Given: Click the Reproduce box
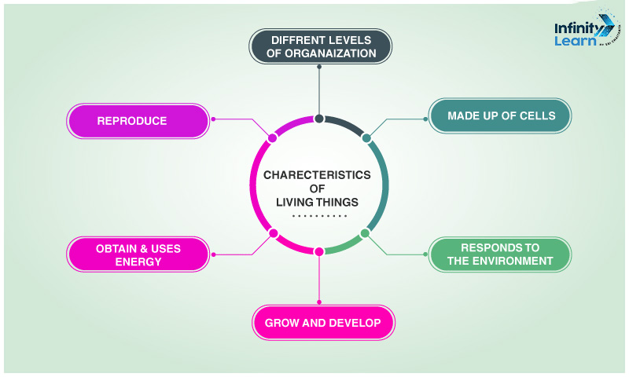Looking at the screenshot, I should point(138,121).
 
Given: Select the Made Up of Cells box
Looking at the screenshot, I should point(500,116).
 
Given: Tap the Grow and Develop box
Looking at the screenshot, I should point(322,323).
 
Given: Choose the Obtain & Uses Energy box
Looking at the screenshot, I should point(138,254).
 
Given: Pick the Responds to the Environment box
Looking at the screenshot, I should point(500,254).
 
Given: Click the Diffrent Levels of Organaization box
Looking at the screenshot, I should point(320,46).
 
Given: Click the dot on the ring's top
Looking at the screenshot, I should point(319,119).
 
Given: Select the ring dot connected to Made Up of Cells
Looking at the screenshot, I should point(366,138).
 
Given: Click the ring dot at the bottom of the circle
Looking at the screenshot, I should point(319,251).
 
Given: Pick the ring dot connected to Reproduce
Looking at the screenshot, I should point(273,138).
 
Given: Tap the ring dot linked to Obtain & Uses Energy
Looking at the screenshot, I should point(274,232).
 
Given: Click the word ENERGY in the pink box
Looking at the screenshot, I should point(138,262).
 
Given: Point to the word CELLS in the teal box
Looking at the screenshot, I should point(537,116).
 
